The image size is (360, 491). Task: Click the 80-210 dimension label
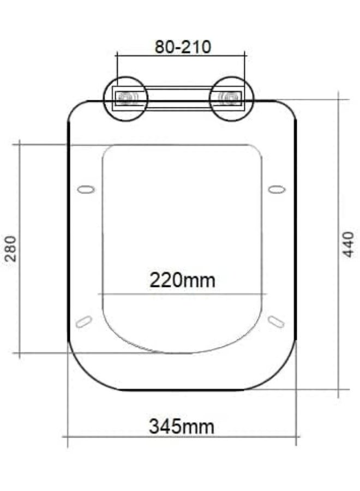click(182, 46)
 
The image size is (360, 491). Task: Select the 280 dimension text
click(11, 248)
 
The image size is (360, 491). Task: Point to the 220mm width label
click(182, 280)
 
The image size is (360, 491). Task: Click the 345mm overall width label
click(181, 426)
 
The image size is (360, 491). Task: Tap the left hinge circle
click(126, 98)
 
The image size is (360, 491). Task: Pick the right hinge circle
click(232, 98)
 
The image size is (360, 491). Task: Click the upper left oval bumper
click(86, 189)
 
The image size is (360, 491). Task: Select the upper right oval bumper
click(277, 189)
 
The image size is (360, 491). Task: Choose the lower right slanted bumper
click(277, 322)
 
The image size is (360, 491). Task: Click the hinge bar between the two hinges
click(179, 98)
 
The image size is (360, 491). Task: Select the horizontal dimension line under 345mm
click(181, 436)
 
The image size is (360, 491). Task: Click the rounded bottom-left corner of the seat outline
click(82, 374)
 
